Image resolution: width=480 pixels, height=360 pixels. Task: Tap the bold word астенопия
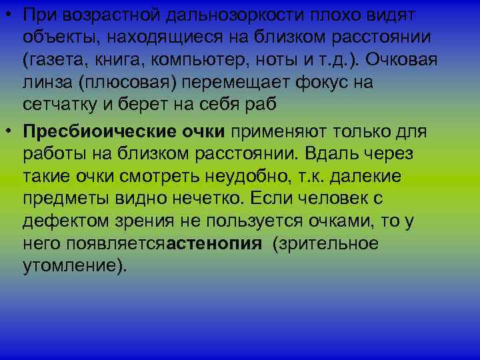[x=214, y=244]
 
